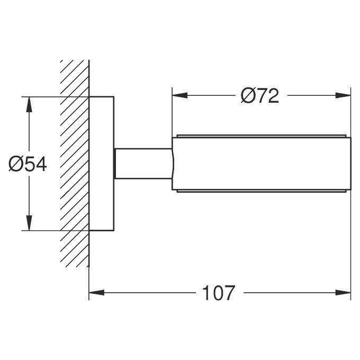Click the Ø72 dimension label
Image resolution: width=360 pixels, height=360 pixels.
[259, 95]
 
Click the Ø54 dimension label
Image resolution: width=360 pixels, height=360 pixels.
[28, 164]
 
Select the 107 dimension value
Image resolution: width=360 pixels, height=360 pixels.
[219, 293]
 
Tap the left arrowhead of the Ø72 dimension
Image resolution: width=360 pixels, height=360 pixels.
[179, 95]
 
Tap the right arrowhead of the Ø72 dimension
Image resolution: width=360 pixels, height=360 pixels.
[343, 95]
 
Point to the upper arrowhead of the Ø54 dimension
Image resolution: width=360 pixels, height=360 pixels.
[29, 104]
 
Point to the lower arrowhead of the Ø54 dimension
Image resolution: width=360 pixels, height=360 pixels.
[29, 223]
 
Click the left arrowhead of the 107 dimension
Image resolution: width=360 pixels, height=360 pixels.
[96, 292]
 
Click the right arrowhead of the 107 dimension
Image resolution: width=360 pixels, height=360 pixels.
[343, 292]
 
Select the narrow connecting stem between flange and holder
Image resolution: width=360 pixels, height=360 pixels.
[143, 164]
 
